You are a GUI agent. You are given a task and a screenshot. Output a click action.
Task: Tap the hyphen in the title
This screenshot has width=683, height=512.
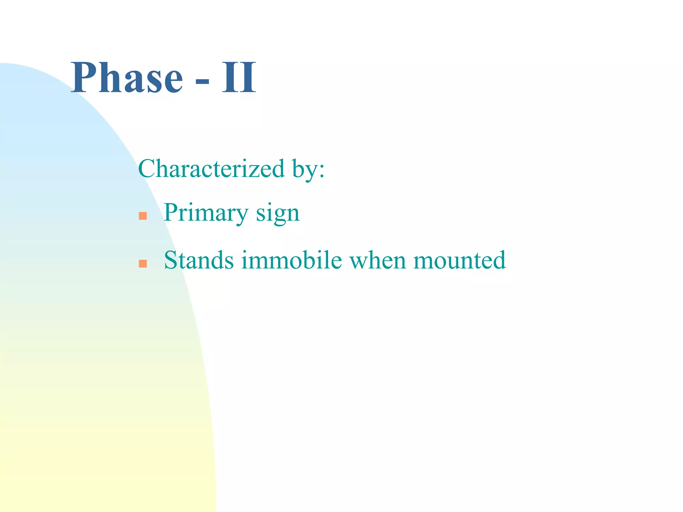click(x=202, y=81)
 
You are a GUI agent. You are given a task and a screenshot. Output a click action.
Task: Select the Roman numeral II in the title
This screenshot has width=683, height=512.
click(x=239, y=78)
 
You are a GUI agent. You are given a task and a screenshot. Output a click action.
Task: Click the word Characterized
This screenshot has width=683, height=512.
click(x=211, y=169)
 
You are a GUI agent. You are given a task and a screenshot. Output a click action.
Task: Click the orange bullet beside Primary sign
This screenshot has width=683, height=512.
click(x=143, y=216)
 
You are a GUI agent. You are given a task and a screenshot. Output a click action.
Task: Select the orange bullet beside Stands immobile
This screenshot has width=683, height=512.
click(x=143, y=264)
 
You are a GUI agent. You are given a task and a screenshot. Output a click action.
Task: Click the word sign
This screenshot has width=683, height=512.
click(x=277, y=214)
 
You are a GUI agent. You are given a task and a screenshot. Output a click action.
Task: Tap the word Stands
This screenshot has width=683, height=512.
click(x=199, y=260)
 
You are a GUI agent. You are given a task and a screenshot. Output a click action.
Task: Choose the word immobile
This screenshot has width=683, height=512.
click(x=291, y=260)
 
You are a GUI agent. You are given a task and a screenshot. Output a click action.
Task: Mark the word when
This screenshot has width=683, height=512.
click(x=378, y=260)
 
